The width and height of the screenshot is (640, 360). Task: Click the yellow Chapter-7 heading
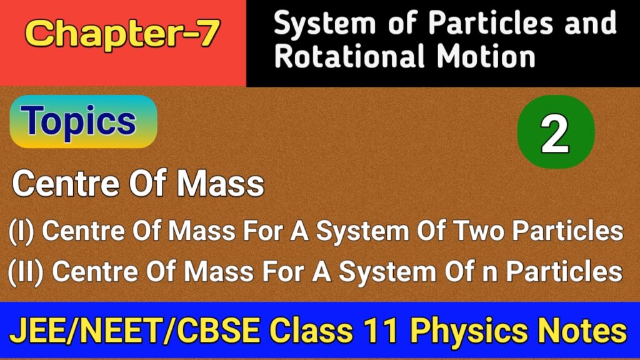[x=123, y=35]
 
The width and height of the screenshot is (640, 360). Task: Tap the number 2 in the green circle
[x=555, y=134]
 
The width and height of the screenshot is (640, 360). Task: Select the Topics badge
[x=82, y=121]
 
